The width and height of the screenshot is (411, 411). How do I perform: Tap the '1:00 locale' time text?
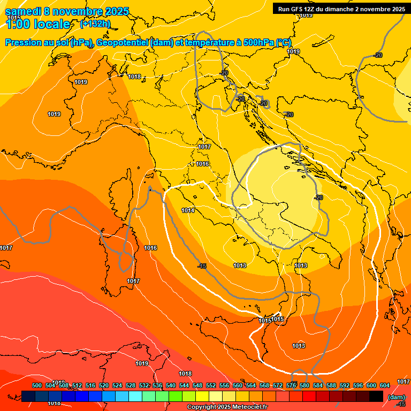(38, 24)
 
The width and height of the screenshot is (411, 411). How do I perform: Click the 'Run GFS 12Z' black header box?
(341, 9)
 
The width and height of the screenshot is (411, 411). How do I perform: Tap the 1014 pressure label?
(188, 210)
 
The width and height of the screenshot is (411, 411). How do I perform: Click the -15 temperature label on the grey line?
(202, 266)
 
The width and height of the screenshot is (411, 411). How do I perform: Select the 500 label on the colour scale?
(37, 385)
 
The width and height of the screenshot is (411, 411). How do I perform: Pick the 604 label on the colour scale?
(385, 385)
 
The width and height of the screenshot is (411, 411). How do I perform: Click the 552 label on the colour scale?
(211, 385)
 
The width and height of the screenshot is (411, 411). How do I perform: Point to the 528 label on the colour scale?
(131, 385)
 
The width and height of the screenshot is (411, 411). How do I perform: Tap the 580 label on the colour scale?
(305, 385)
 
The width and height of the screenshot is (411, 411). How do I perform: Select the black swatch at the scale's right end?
(376, 396)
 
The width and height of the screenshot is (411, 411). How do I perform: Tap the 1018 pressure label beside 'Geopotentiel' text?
(134, 77)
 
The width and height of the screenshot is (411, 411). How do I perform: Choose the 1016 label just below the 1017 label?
(202, 164)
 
